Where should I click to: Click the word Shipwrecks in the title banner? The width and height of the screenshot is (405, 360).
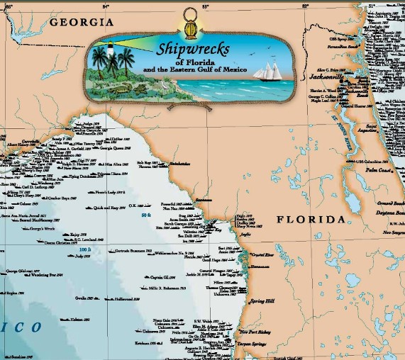tap(193, 50)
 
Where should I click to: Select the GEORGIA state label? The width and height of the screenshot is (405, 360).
tap(82, 23)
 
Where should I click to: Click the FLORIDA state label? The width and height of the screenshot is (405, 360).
tap(309, 220)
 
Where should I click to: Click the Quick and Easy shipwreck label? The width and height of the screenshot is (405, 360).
tap(110, 208)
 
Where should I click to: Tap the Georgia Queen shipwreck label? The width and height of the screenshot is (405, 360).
tap(111, 150)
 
